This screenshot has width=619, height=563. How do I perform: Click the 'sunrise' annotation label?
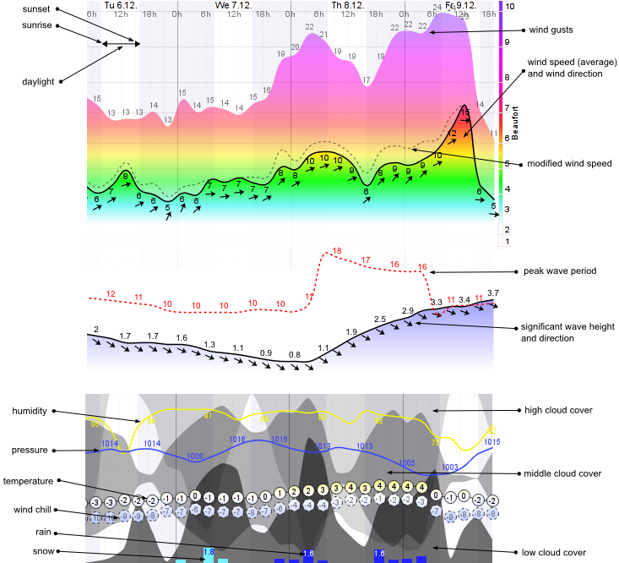pyautogui.click(x=37, y=25)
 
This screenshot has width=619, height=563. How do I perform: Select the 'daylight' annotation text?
pyautogui.click(x=38, y=81)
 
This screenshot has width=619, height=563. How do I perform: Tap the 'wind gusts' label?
pyautogui.click(x=551, y=30)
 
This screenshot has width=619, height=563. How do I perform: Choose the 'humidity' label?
pyautogui.click(x=31, y=411)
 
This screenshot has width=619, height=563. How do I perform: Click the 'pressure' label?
pyautogui.click(x=31, y=450)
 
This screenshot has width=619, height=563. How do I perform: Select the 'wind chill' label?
pyautogui.click(x=31, y=510)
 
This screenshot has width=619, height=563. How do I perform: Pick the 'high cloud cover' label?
pyautogui.click(x=559, y=410)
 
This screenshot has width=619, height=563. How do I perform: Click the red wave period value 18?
pyautogui.click(x=338, y=251)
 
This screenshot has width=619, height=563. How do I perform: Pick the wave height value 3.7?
pyautogui.click(x=493, y=292)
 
